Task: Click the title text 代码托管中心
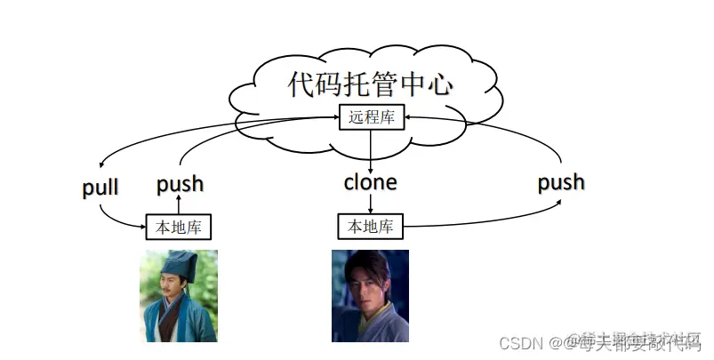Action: [370, 84]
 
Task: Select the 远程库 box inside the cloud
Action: [371, 116]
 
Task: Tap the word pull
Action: [100, 188]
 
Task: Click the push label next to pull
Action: [180, 184]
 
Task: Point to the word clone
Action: [370, 183]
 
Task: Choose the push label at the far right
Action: [561, 182]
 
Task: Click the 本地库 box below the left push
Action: [179, 228]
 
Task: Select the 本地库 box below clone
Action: [370, 227]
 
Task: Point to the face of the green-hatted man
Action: [177, 286]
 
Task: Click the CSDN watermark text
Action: [518, 342]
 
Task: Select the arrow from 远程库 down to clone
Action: [371, 149]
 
